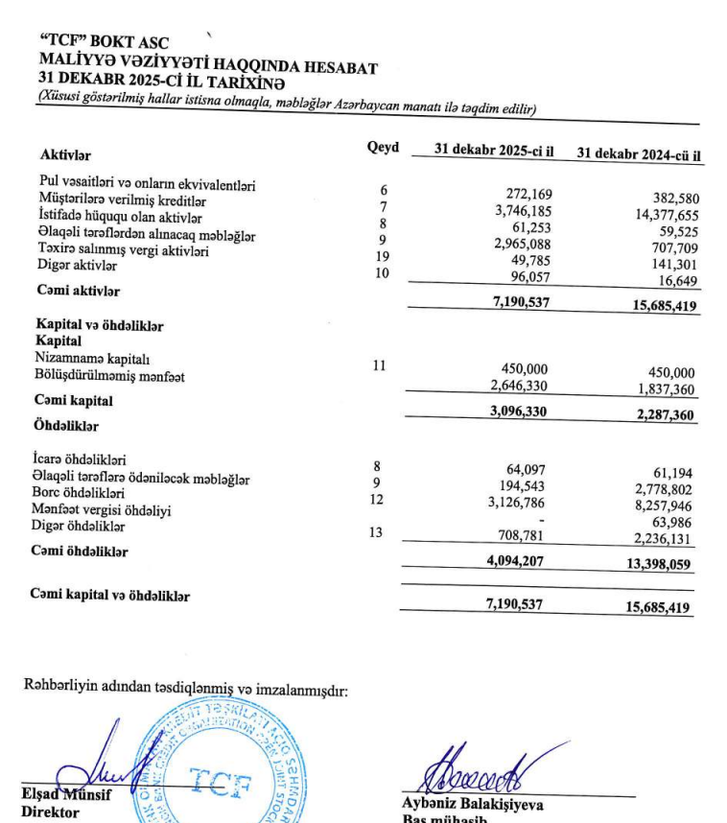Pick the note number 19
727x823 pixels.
pyautogui.click(x=383, y=256)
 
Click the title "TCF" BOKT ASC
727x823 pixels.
pyautogui.click(x=100, y=41)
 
